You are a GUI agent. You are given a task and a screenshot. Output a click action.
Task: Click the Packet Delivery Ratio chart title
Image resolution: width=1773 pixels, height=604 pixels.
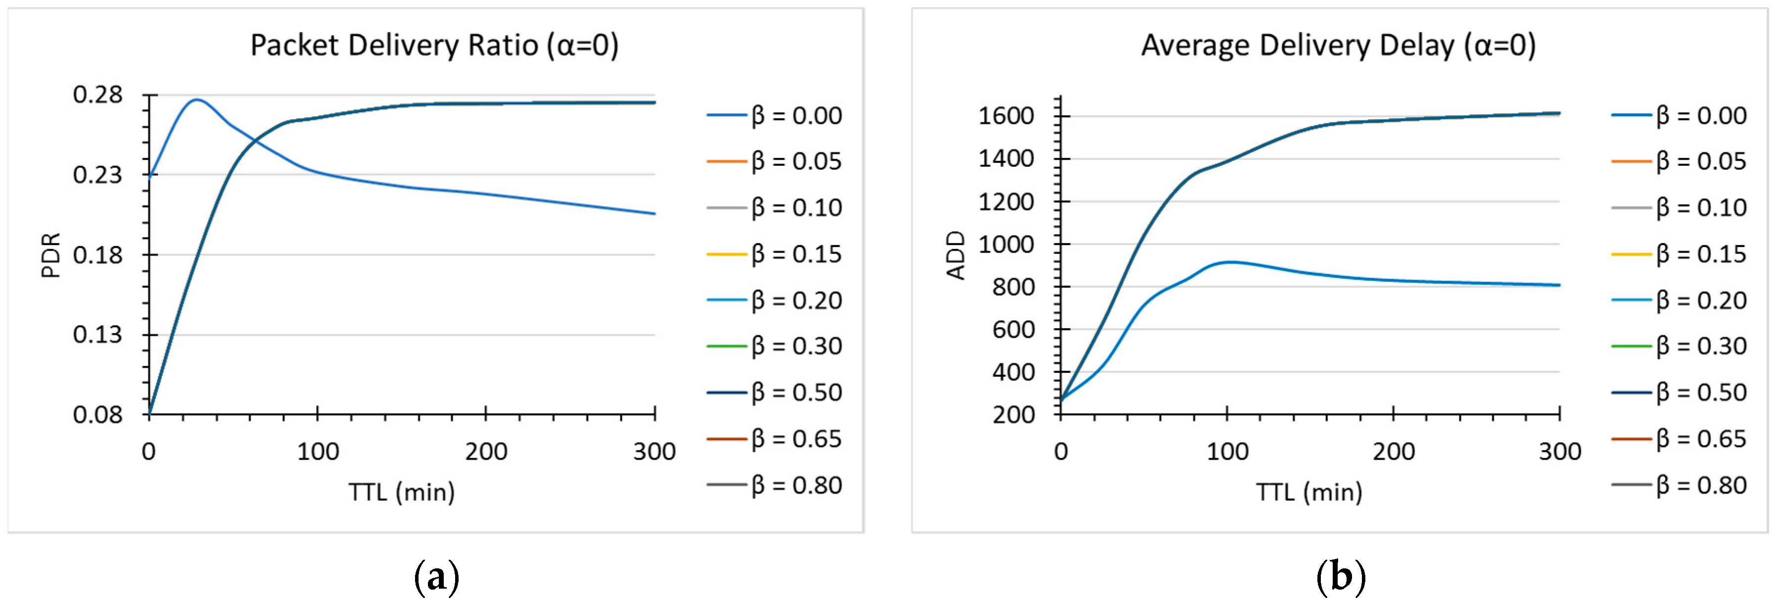tap(434, 46)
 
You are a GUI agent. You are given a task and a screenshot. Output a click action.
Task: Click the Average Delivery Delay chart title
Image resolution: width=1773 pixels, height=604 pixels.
tap(1338, 46)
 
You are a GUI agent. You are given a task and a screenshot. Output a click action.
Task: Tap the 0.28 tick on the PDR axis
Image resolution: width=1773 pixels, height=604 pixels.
tap(98, 95)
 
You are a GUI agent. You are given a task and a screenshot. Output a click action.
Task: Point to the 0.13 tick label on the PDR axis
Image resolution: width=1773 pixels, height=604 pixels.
tap(98, 335)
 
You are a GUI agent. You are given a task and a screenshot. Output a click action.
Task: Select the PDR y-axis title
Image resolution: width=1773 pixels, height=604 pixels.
tap(51, 255)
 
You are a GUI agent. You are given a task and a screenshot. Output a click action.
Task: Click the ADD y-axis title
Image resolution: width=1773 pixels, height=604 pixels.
tap(956, 255)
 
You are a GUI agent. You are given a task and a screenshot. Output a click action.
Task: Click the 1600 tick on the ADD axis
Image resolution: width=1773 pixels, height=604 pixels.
tap(1006, 116)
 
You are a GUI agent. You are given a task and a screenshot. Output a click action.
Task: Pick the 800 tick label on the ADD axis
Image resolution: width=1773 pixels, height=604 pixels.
tap(1013, 287)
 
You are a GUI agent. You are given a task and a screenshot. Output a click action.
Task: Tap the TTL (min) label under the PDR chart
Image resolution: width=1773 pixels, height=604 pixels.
tap(401, 492)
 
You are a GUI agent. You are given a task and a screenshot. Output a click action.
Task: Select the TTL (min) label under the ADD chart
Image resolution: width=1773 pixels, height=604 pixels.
tap(1309, 492)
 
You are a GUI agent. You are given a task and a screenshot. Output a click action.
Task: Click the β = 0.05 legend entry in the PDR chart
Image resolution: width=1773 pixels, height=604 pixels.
tap(774, 161)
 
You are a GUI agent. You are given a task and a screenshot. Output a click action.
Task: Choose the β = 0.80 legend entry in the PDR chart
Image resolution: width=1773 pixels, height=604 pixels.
tap(774, 485)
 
